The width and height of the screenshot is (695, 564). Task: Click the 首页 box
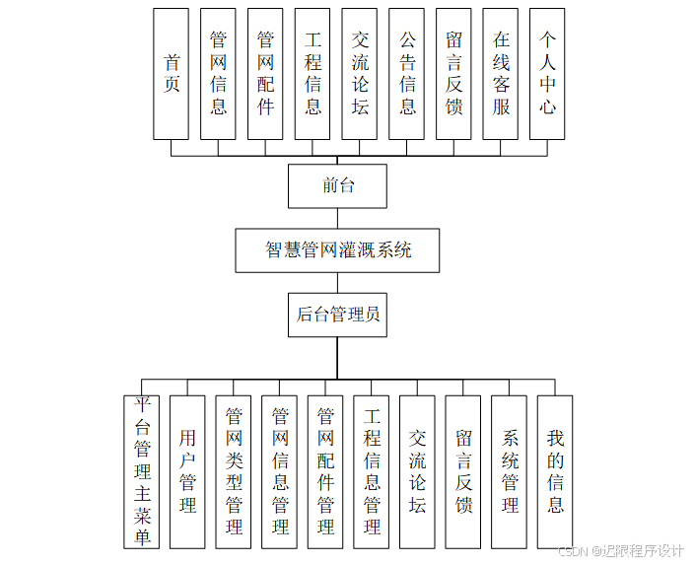pyautogui.click(x=172, y=74)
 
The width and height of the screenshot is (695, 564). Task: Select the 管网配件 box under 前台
pyautogui.click(x=265, y=74)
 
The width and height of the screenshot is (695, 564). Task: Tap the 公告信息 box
pyautogui.click(x=407, y=74)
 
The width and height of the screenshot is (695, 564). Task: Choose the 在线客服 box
pyautogui.click(x=501, y=74)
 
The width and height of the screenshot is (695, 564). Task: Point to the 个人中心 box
pyautogui.click(x=548, y=74)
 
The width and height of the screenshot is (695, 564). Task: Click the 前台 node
pyautogui.click(x=337, y=185)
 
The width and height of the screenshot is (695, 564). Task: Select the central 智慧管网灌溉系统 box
pyautogui.click(x=337, y=250)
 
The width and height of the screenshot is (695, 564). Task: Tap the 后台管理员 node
pyautogui.click(x=337, y=316)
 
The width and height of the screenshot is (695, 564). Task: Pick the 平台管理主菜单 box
pyautogui.click(x=142, y=471)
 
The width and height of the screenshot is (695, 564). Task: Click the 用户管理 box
pyautogui.click(x=187, y=471)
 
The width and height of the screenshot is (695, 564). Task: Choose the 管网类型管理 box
pyautogui.click(x=234, y=471)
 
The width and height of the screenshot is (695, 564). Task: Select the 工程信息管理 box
pyautogui.click(x=372, y=471)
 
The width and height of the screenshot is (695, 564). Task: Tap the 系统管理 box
pyautogui.click(x=510, y=471)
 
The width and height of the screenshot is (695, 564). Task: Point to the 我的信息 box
pyautogui.click(x=555, y=471)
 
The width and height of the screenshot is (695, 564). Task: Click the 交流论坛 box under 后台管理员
pyautogui.click(x=417, y=471)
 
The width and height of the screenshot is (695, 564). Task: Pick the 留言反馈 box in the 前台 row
pyautogui.click(x=453, y=74)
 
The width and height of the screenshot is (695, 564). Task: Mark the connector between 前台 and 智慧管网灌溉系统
pyautogui.click(x=337, y=218)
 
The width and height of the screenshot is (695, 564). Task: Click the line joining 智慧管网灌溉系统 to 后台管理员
pyautogui.click(x=337, y=283)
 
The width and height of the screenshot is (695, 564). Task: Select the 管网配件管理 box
pyautogui.click(x=325, y=471)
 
